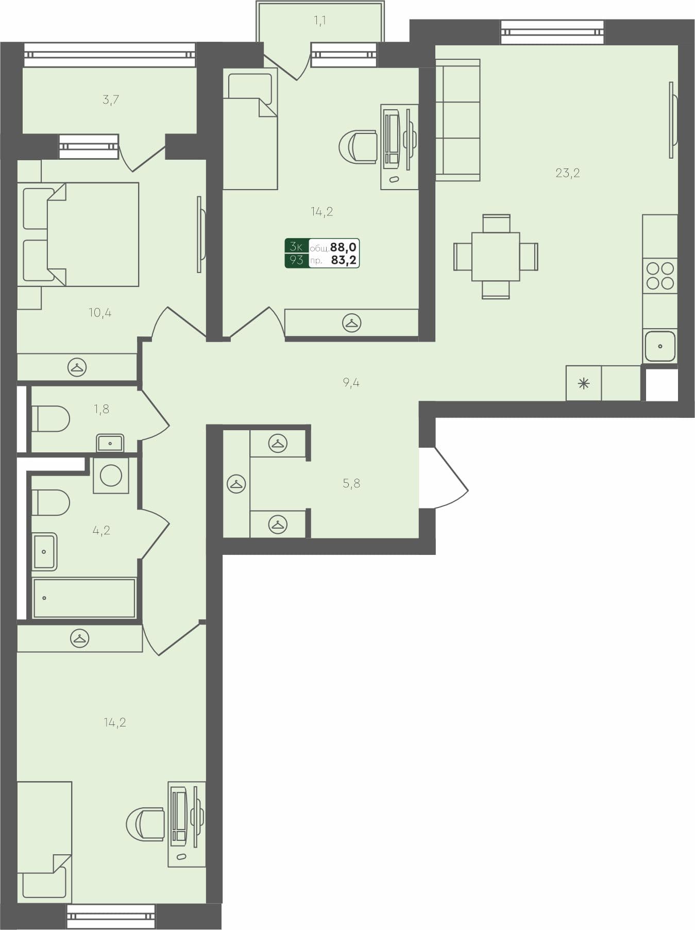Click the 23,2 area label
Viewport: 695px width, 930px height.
pos(567,173)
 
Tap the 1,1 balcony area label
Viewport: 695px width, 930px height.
pos(319,21)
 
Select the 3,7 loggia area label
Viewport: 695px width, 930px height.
pos(111,99)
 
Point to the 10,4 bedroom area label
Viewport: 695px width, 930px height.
pos(100,313)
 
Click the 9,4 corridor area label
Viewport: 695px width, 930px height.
pos(351,382)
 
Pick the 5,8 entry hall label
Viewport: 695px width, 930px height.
pos(351,483)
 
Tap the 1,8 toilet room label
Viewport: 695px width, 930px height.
pos(101,409)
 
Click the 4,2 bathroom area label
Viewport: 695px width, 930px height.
pos(101,530)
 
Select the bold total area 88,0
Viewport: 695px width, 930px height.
pos(344,247)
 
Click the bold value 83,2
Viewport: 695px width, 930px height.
pos(344,260)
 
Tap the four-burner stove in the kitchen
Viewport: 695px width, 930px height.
pos(660,276)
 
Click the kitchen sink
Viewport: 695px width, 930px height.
pos(660,346)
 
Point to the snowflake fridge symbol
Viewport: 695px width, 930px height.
pos(583,383)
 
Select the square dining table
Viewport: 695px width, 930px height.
pos(496,256)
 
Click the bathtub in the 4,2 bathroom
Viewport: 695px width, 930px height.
pos(84,598)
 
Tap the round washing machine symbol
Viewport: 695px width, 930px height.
pos(111,476)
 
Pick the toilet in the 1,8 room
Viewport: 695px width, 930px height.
pos(50,419)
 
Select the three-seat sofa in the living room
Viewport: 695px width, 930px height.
pos(457,121)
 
